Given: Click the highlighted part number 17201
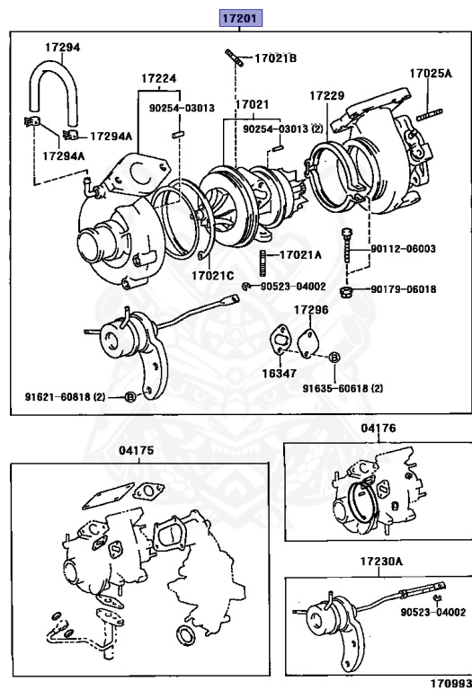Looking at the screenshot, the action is [x=241, y=18].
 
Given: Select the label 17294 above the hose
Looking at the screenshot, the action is [x=63, y=47].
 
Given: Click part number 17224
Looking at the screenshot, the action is [x=159, y=78].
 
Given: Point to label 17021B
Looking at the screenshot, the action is [x=276, y=57].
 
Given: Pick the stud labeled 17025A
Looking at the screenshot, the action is [x=429, y=115].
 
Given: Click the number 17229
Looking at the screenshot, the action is [x=326, y=95].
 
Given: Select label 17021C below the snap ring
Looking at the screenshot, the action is [x=213, y=276].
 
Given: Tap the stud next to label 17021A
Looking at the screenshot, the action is [x=263, y=262].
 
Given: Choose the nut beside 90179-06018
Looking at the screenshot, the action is [x=345, y=290].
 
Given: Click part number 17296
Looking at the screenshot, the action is [x=311, y=310].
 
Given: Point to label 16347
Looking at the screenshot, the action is [x=280, y=373].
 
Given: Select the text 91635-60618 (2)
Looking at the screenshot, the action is [x=343, y=388].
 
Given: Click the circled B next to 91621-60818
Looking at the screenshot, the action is [x=130, y=397].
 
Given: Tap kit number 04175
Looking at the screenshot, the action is [x=137, y=451].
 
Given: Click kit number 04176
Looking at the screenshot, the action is [x=378, y=428].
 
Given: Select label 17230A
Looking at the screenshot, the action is [x=381, y=561].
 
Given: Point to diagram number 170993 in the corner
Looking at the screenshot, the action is [x=450, y=684].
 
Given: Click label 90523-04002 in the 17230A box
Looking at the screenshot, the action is [x=432, y=612].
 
